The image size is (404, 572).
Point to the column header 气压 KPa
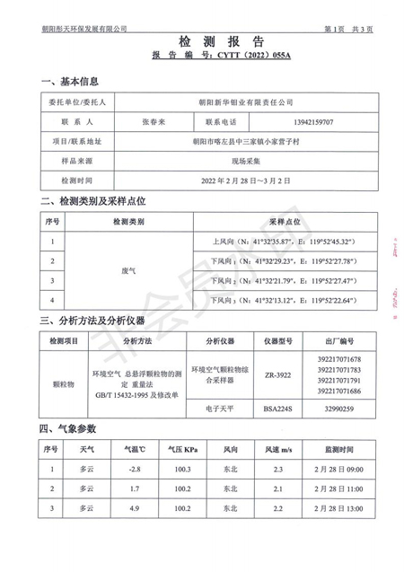pos(183,448)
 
